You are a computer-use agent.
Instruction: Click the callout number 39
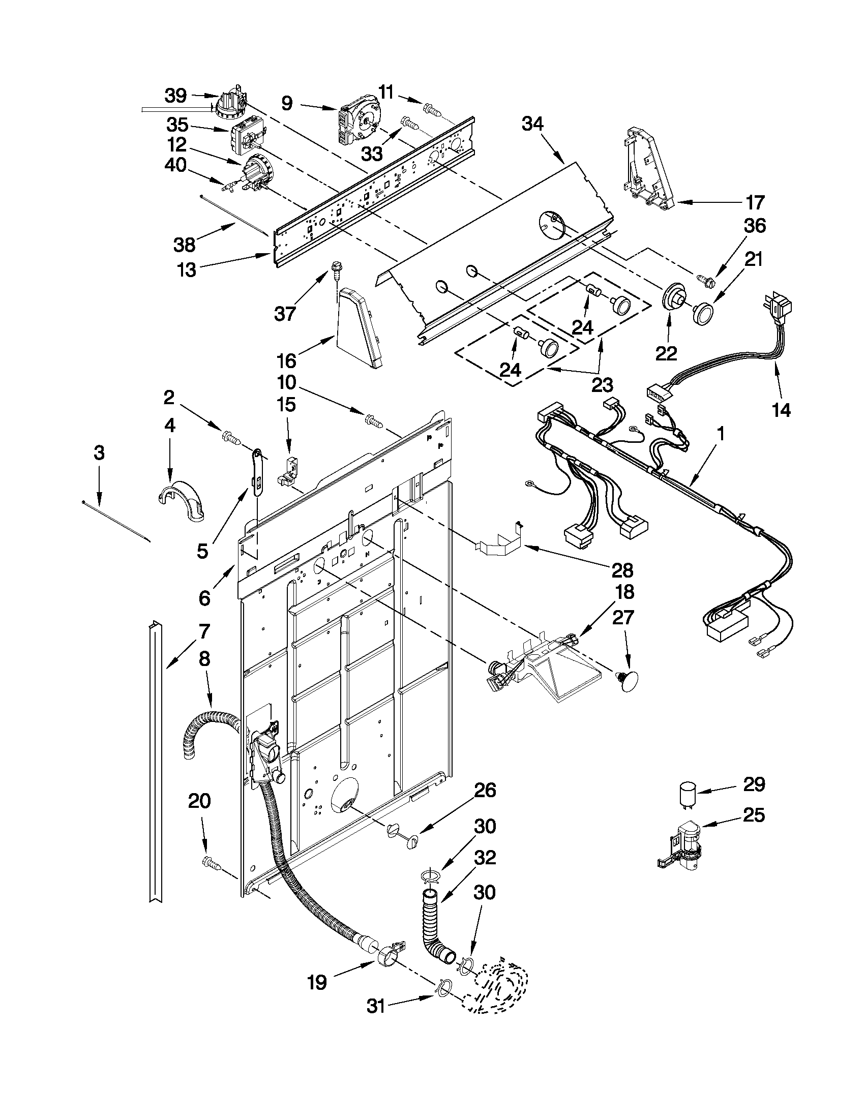tap(175, 95)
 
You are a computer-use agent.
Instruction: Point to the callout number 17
tap(754, 202)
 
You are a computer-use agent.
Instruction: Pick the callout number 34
tap(533, 124)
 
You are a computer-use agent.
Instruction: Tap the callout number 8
tap(203, 659)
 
